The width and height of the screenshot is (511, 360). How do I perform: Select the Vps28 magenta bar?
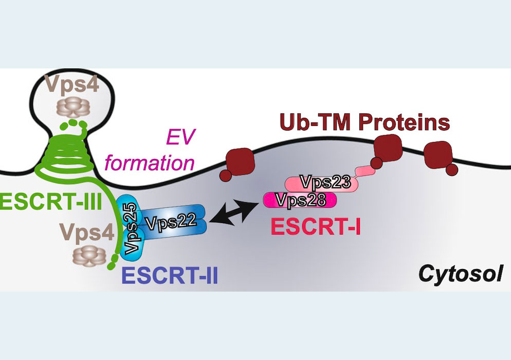coord(300,200)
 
